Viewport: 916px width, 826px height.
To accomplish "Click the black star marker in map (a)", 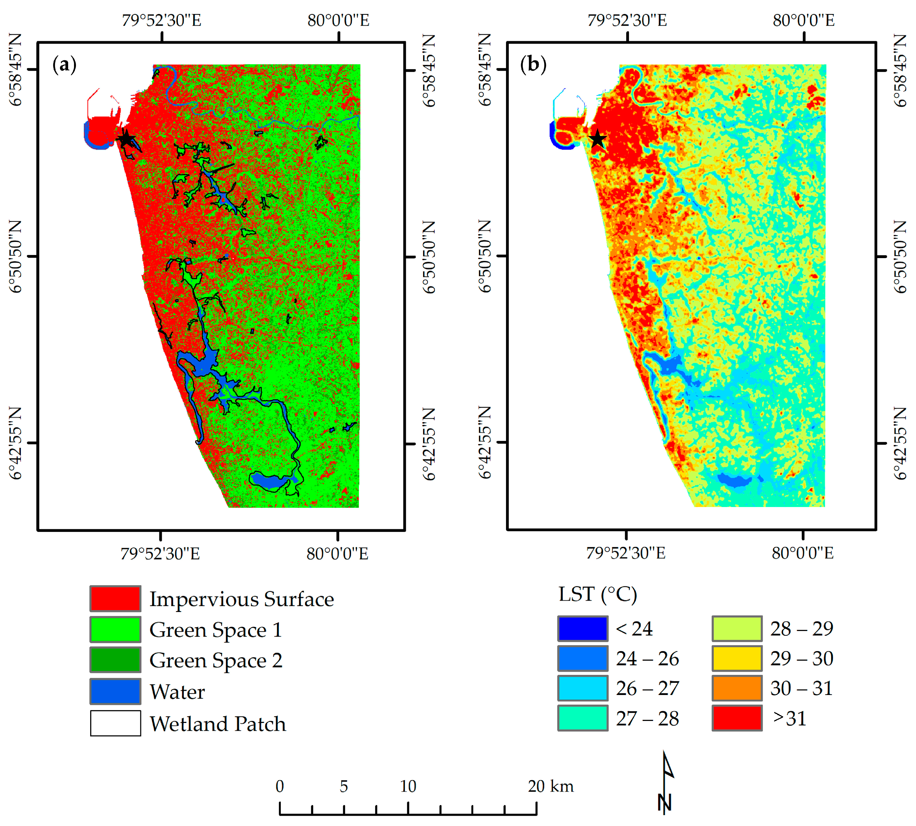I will pyautogui.click(x=127, y=139).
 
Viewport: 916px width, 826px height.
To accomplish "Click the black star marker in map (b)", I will pyautogui.click(x=598, y=139).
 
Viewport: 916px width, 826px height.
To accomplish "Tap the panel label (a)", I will pyautogui.click(x=65, y=65).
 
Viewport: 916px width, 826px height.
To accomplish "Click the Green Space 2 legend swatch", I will pyautogui.click(x=115, y=660).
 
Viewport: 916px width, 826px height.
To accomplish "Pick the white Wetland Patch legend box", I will pyautogui.click(x=115, y=723).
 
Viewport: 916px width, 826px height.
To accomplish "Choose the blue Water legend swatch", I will pyautogui.click(x=115, y=691).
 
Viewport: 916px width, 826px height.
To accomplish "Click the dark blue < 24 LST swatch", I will pyautogui.click(x=583, y=629).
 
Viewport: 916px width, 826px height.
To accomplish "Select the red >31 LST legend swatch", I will pyautogui.click(x=737, y=718).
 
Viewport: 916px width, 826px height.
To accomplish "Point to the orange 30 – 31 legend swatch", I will pyautogui.click(x=737, y=688).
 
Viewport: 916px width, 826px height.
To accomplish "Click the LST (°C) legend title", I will pyautogui.click(x=598, y=594).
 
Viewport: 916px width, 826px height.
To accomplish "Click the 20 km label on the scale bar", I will pyautogui.click(x=550, y=786).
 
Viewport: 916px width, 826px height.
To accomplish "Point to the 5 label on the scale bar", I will pyautogui.click(x=344, y=786).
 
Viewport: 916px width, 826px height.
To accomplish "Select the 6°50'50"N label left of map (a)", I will pyautogui.click(x=16, y=256).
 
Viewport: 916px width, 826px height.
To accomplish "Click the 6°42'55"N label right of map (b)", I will pyautogui.click(x=900, y=443).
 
